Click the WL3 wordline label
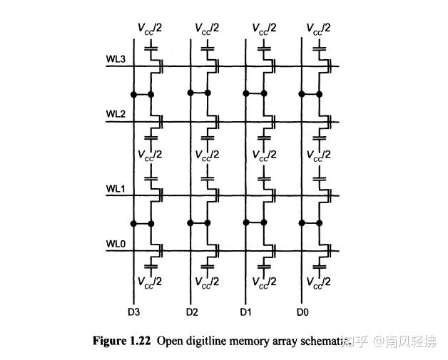coord(116,59)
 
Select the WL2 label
coord(116,114)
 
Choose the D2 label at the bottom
coord(191,312)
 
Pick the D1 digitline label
coord(246,312)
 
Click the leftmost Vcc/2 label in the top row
coord(151,29)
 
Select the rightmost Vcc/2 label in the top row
coord(319,29)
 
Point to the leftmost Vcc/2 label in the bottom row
coord(151,282)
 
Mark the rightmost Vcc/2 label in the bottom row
coord(319,282)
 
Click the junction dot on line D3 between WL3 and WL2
coord(134,94)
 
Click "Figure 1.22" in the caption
coord(122,341)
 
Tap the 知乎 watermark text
coord(355,341)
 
